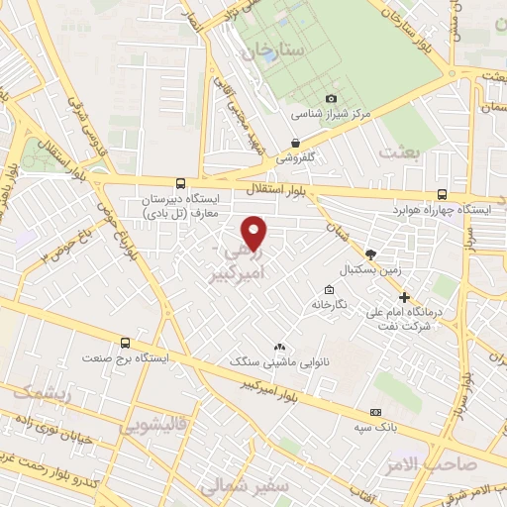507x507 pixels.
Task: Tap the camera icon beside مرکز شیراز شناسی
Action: click(x=331, y=99)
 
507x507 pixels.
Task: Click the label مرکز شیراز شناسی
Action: click(x=331, y=114)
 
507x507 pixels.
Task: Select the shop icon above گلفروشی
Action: click(x=295, y=143)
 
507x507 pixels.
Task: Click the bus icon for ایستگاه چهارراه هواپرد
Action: click(x=441, y=196)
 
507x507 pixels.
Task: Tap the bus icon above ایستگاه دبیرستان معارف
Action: click(x=179, y=183)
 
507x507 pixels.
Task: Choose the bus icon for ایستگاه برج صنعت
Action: click(x=124, y=342)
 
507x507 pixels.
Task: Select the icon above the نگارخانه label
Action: click(x=328, y=290)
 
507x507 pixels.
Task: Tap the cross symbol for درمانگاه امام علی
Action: click(x=404, y=297)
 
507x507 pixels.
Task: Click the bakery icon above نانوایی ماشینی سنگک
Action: click(x=278, y=347)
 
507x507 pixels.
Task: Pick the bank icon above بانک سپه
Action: click(x=375, y=411)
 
